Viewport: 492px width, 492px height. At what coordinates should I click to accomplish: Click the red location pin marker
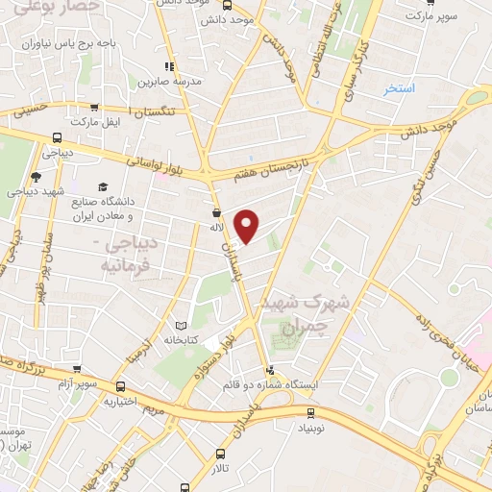[248, 226]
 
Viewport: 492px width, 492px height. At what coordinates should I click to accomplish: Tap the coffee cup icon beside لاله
[216, 212]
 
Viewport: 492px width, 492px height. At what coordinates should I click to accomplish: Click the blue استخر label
[398, 87]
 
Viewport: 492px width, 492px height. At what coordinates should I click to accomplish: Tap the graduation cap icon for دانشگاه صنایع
[101, 186]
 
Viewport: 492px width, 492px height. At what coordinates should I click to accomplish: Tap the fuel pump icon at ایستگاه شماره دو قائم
[270, 370]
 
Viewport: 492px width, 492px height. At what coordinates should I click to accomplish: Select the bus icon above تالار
[222, 454]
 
